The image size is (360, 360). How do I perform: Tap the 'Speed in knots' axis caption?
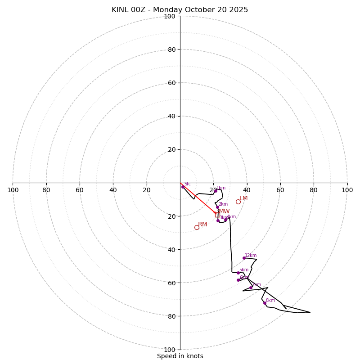(180, 356)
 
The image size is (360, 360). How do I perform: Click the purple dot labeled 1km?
(216, 191)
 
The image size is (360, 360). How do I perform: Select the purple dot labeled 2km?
(217, 207)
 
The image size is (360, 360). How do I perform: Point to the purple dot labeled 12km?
(244, 258)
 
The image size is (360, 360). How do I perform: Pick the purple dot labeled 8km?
(265, 303)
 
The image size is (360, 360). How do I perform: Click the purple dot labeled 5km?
(238, 273)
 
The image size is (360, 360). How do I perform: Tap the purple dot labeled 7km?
(251, 288)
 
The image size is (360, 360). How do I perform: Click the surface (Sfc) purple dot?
(183, 187)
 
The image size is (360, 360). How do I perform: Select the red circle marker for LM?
(238, 202)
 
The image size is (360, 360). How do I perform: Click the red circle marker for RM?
(197, 227)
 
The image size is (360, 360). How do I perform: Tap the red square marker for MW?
(217, 215)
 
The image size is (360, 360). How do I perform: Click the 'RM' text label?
(202, 224)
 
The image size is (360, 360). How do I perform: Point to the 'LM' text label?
(243, 198)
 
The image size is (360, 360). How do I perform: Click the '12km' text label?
(251, 255)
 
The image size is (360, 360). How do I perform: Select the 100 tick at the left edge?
(13, 190)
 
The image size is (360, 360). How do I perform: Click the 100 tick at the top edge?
(170, 16)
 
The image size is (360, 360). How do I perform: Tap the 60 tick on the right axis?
(280, 190)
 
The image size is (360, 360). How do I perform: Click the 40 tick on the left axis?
(113, 190)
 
